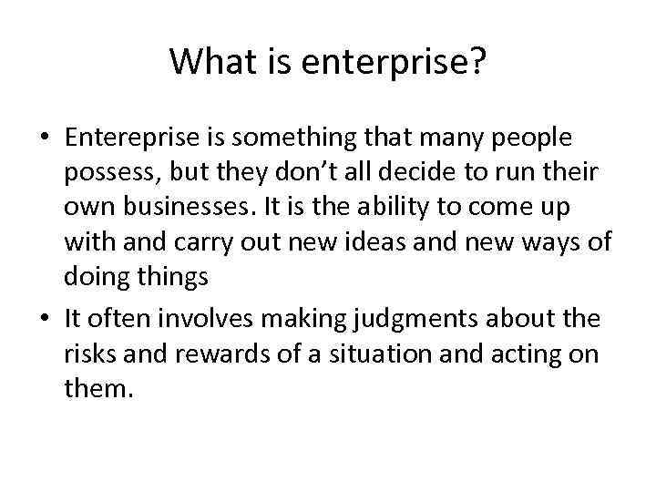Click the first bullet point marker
click(x=46, y=138)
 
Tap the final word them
click(x=99, y=388)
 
